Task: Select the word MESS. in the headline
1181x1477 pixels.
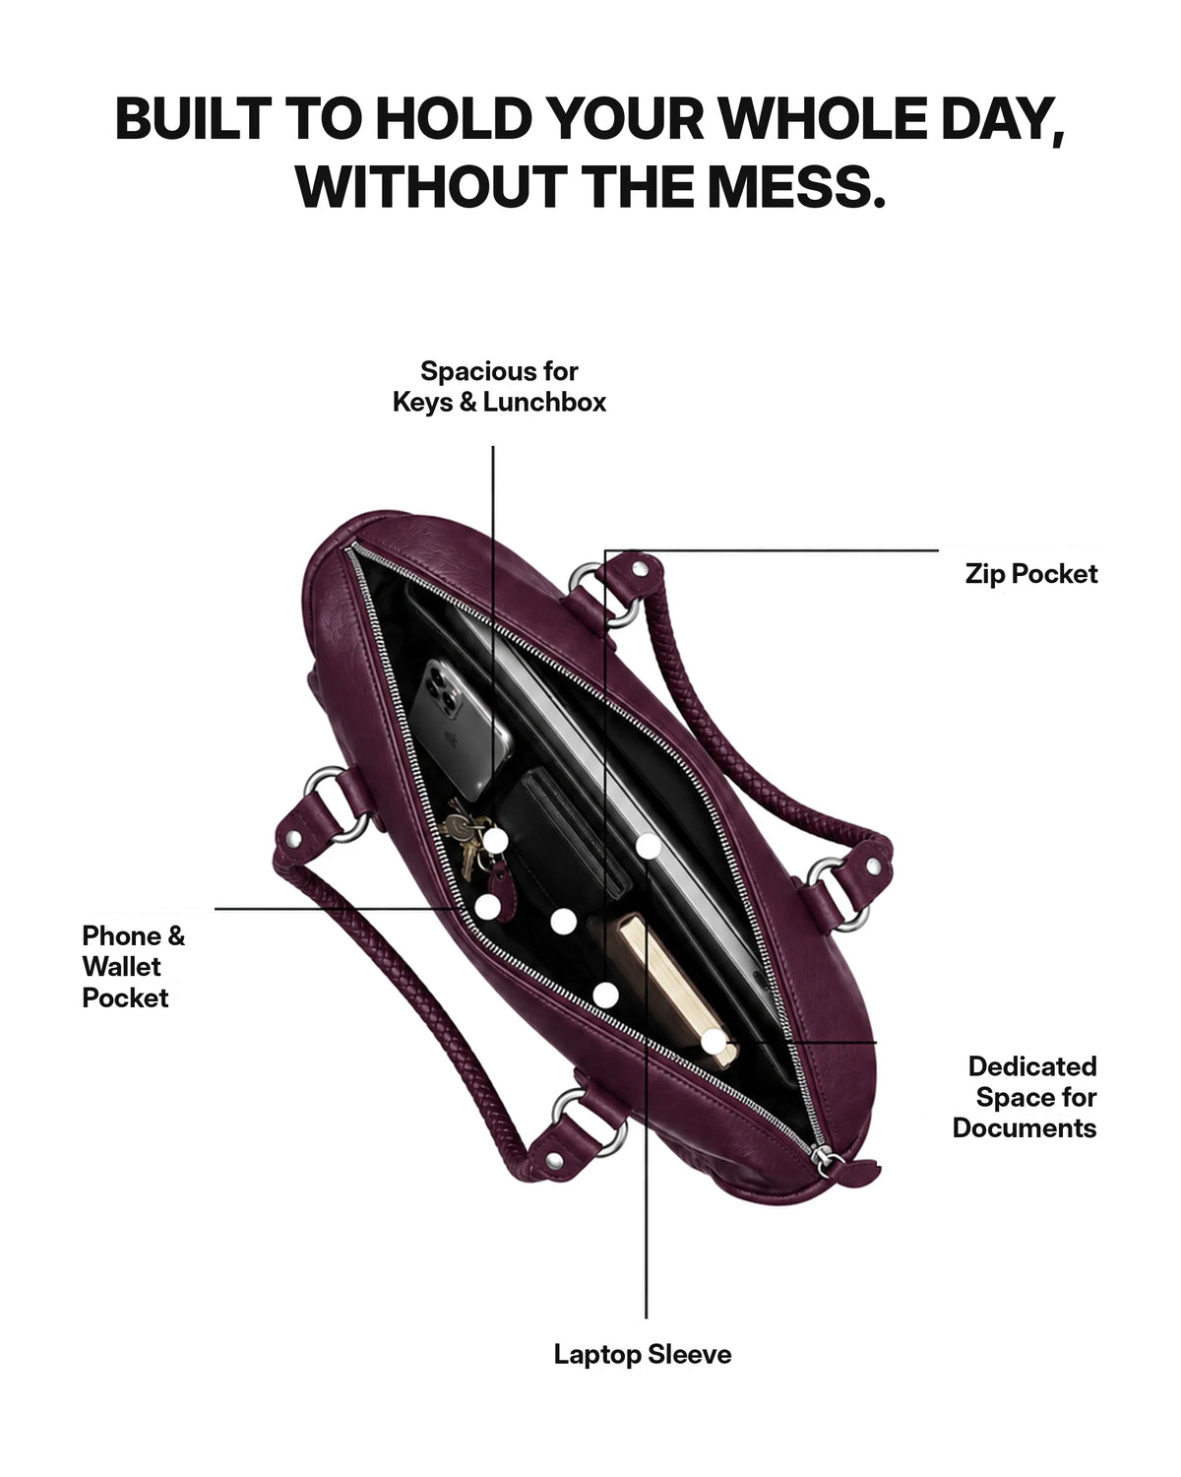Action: point(796,187)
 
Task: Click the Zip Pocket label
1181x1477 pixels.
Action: point(1030,574)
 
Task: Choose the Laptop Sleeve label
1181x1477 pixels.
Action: point(643,1354)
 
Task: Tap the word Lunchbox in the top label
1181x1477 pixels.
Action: point(544,402)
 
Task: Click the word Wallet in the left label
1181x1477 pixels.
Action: point(121,966)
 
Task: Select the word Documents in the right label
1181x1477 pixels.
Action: point(1024,1128)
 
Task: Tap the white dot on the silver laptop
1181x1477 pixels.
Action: point(649,846)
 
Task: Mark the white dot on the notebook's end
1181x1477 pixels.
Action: point(714,1041)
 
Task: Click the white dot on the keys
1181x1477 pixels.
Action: point(495,840)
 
